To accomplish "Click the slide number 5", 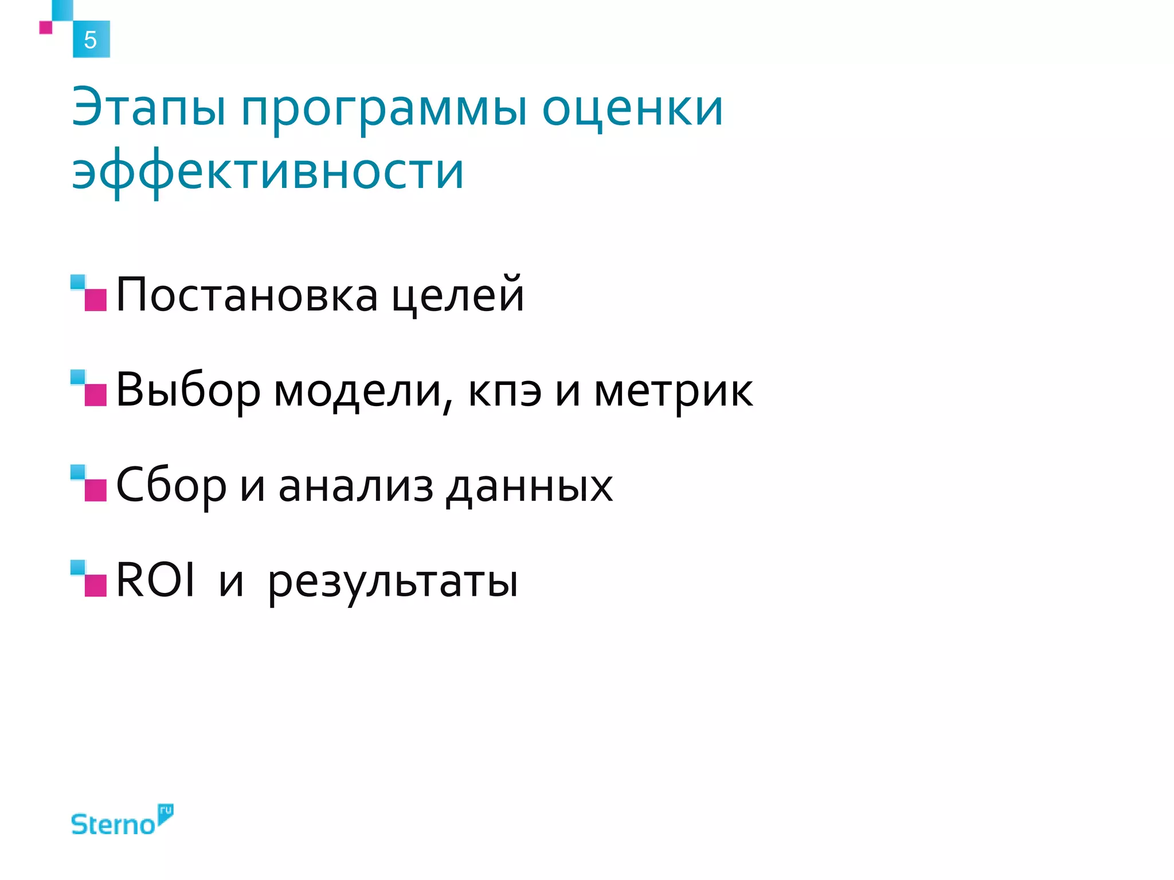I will (91, 40).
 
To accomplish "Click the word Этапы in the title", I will (148, 109).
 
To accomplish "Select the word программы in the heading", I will (383, 110).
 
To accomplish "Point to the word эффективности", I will (267, 172).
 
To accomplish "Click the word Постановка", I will (246, 295).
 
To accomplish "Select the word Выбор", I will (188, 391).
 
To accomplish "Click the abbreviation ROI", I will (155, 580).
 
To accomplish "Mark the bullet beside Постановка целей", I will (89, 293).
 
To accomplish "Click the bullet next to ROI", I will (89, 579).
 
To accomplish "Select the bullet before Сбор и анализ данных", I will (89, 484).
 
